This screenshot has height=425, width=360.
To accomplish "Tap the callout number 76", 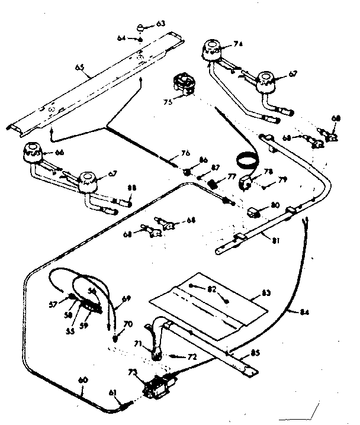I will pyautogui.click(x=185, y=153).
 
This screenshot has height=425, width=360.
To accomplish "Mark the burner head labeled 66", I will pyautogui.click(x=32, y=153).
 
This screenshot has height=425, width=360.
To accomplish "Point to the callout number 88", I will pyautogui.click(x=131, y=188).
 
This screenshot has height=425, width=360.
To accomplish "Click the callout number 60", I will pyautogui.click(x=82, y=381).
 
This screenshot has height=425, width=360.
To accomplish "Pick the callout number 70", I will pyautogui.click(x=128, y=324).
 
